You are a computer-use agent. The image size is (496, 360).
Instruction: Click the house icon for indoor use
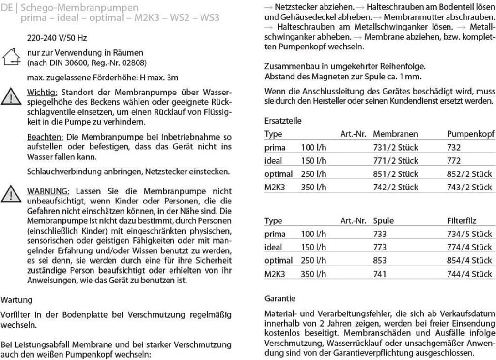11,57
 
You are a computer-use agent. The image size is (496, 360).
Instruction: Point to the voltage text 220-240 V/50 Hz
57,37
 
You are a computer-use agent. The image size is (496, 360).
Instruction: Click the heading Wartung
17,300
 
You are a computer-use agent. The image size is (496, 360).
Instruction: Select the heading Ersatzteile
283,121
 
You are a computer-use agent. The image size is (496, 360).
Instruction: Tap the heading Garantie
280,298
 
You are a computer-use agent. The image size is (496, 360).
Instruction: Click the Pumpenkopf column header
469,134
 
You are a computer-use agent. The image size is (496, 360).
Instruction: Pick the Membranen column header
395,134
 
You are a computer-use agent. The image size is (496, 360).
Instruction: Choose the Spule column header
384,221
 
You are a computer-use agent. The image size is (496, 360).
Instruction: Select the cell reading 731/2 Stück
395,147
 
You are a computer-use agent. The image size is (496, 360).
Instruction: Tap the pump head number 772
454,160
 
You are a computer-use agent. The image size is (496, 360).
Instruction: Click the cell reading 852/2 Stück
469,174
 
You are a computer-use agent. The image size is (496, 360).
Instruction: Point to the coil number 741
380,274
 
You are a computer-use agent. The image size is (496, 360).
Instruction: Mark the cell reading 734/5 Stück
469,234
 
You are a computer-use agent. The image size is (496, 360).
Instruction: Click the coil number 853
380,261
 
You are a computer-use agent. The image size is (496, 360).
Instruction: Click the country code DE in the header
7,8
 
